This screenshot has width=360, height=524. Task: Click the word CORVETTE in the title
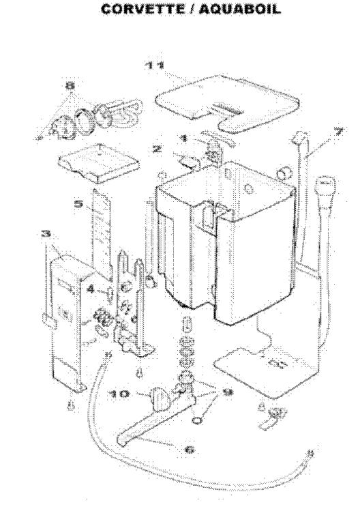pyautogui.click(x=142, y=9)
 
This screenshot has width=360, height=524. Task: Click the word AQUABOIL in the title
pyautogui.click(x=240, y=9)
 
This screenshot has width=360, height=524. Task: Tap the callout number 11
pyautogui.click(x=155, y=65)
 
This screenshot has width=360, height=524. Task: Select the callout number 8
pyautogui.click(x=70, y=86)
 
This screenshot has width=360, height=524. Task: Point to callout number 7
pyautogui.click(x=338, y=131)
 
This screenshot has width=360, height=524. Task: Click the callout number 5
pyautogui.click(x=79, y=203)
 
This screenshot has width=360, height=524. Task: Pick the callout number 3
pyautogui.click(x=46, y=233)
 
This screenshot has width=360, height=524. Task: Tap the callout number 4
pyautogui.click(x=91, y=289)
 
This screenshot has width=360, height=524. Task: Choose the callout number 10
pyautogui.click(x=119, y=394)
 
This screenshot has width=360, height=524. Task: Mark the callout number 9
pyautogui.click(x=228, y=392)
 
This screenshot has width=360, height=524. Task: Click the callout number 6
pyautogui.click(x=190, y=450)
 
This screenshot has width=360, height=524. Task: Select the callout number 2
pyautogui.click(x=157, y=148)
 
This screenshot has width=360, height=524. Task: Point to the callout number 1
pyautogui.click(x=183, y=138)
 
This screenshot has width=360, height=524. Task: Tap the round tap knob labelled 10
pyautogui.click(x=160, y=398)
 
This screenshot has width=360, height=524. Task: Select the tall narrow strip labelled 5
pyautogui.click(x=101, y=234)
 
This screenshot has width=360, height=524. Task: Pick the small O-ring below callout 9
pyautogui.click(x=197, y=420)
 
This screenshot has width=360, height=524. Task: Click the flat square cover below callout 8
pyautogui.click(x=99, y=163)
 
